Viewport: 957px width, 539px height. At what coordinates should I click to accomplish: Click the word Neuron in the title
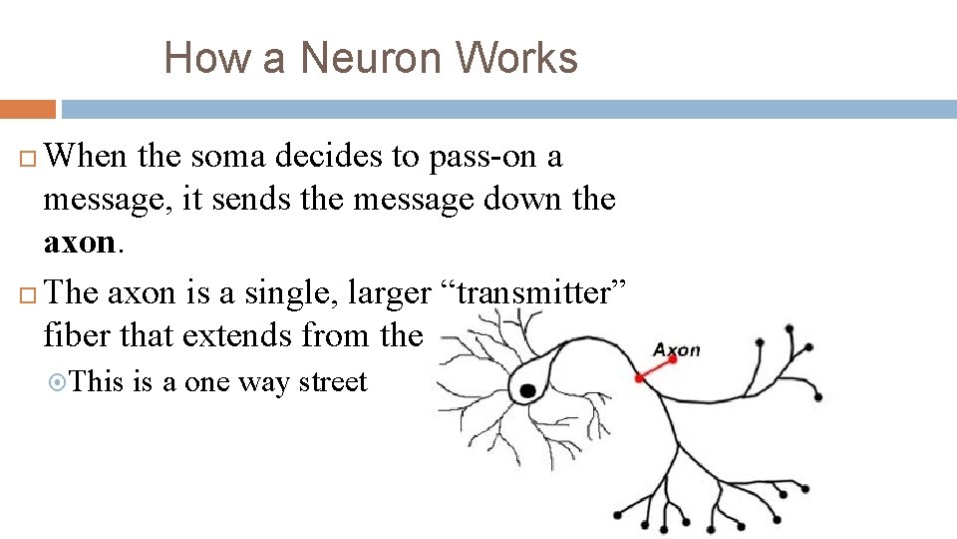pyautogui.click(x=371, y=58)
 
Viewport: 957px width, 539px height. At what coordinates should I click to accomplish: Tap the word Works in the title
pyautogui.click(x=517, y=58)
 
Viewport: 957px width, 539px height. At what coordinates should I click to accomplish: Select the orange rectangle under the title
pyautogui.click(x=28, y=109)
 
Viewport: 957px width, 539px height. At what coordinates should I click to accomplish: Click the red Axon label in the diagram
pyautogui.click(x=677, y=349)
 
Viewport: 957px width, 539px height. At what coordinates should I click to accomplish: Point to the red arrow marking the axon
pyautogui.click(x=654, y=367)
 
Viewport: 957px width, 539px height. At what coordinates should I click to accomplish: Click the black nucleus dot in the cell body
pyautogui.click(x=526, y=390)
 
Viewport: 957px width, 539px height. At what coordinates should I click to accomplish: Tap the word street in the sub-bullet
pyautogui.click(x=331, y=382)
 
